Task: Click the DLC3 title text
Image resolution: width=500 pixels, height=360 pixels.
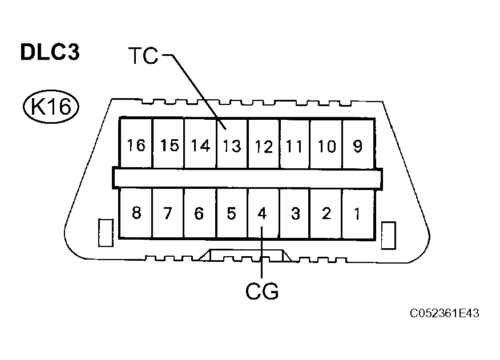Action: (50, 52)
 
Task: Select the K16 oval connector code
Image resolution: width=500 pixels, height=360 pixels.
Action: (50, 106)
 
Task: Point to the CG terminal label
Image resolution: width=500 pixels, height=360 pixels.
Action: (262, 291)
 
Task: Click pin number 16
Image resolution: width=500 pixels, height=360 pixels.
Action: (136, 146)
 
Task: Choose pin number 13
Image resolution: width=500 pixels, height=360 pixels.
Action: (232, 146)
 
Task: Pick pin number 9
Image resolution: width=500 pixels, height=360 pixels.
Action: (357, 146)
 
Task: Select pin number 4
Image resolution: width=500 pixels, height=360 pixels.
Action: (262, 214)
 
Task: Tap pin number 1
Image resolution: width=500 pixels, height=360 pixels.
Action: (357, 214)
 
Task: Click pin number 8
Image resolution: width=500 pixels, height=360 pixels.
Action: (136, 214)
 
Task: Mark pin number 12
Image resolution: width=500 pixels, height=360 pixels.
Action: (264, 146)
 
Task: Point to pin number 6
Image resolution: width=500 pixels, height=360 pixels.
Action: (199, 214)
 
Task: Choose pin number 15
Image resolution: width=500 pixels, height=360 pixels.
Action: (169, 146)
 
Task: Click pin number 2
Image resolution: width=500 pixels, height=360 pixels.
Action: (326, 214)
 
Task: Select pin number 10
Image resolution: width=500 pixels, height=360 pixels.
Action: (326, 146)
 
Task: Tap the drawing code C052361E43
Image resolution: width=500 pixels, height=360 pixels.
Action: (443, 313)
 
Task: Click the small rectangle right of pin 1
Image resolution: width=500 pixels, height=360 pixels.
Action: (389, 235)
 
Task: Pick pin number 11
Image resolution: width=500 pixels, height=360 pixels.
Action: (295, 146)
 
